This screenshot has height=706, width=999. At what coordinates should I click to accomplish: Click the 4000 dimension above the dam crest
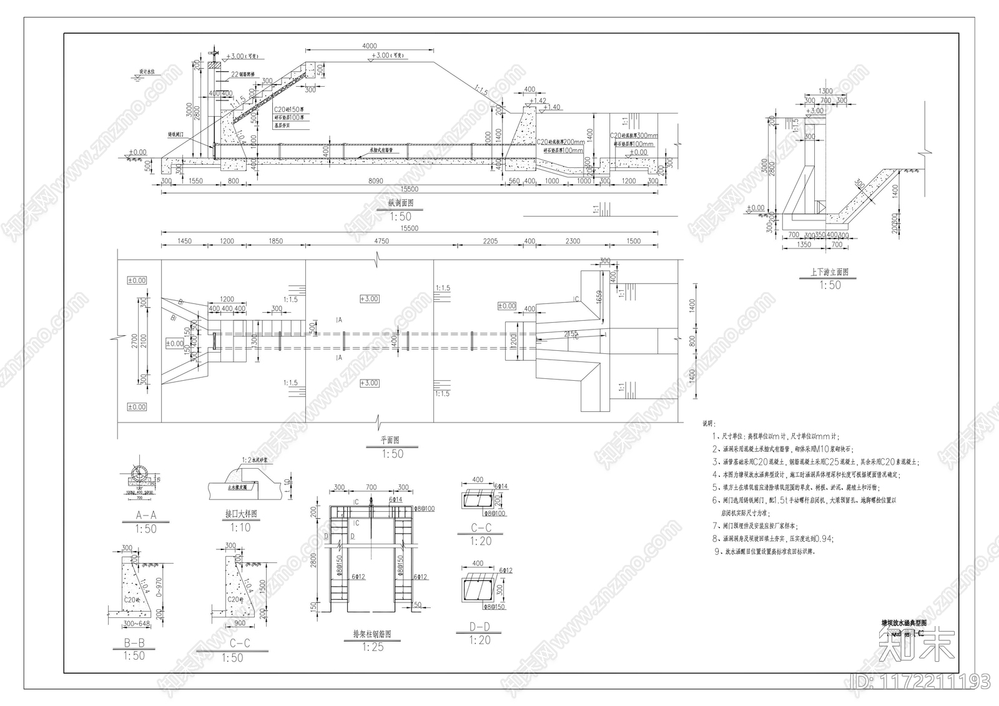(369, 46)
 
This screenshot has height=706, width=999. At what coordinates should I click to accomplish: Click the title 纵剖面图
(400, 203)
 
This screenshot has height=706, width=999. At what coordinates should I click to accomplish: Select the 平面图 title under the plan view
(390, 440)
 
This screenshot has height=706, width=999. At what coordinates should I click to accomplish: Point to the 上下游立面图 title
(829, 272)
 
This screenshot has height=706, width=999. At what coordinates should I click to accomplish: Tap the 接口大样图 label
(241, 514)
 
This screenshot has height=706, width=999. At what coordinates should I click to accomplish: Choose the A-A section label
(145, 515)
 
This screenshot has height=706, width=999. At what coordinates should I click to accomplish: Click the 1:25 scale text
(373, 647)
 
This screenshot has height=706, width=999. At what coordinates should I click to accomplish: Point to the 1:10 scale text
(240, 528)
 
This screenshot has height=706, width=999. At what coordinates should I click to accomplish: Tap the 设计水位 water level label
(150, 72)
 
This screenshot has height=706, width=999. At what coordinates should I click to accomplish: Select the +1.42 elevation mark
(538, 100)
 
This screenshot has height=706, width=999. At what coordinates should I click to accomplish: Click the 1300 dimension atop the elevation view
(825, 91)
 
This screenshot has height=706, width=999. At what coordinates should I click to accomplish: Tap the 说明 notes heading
(710, 424)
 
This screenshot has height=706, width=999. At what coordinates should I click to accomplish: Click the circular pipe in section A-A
(139, 473)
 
